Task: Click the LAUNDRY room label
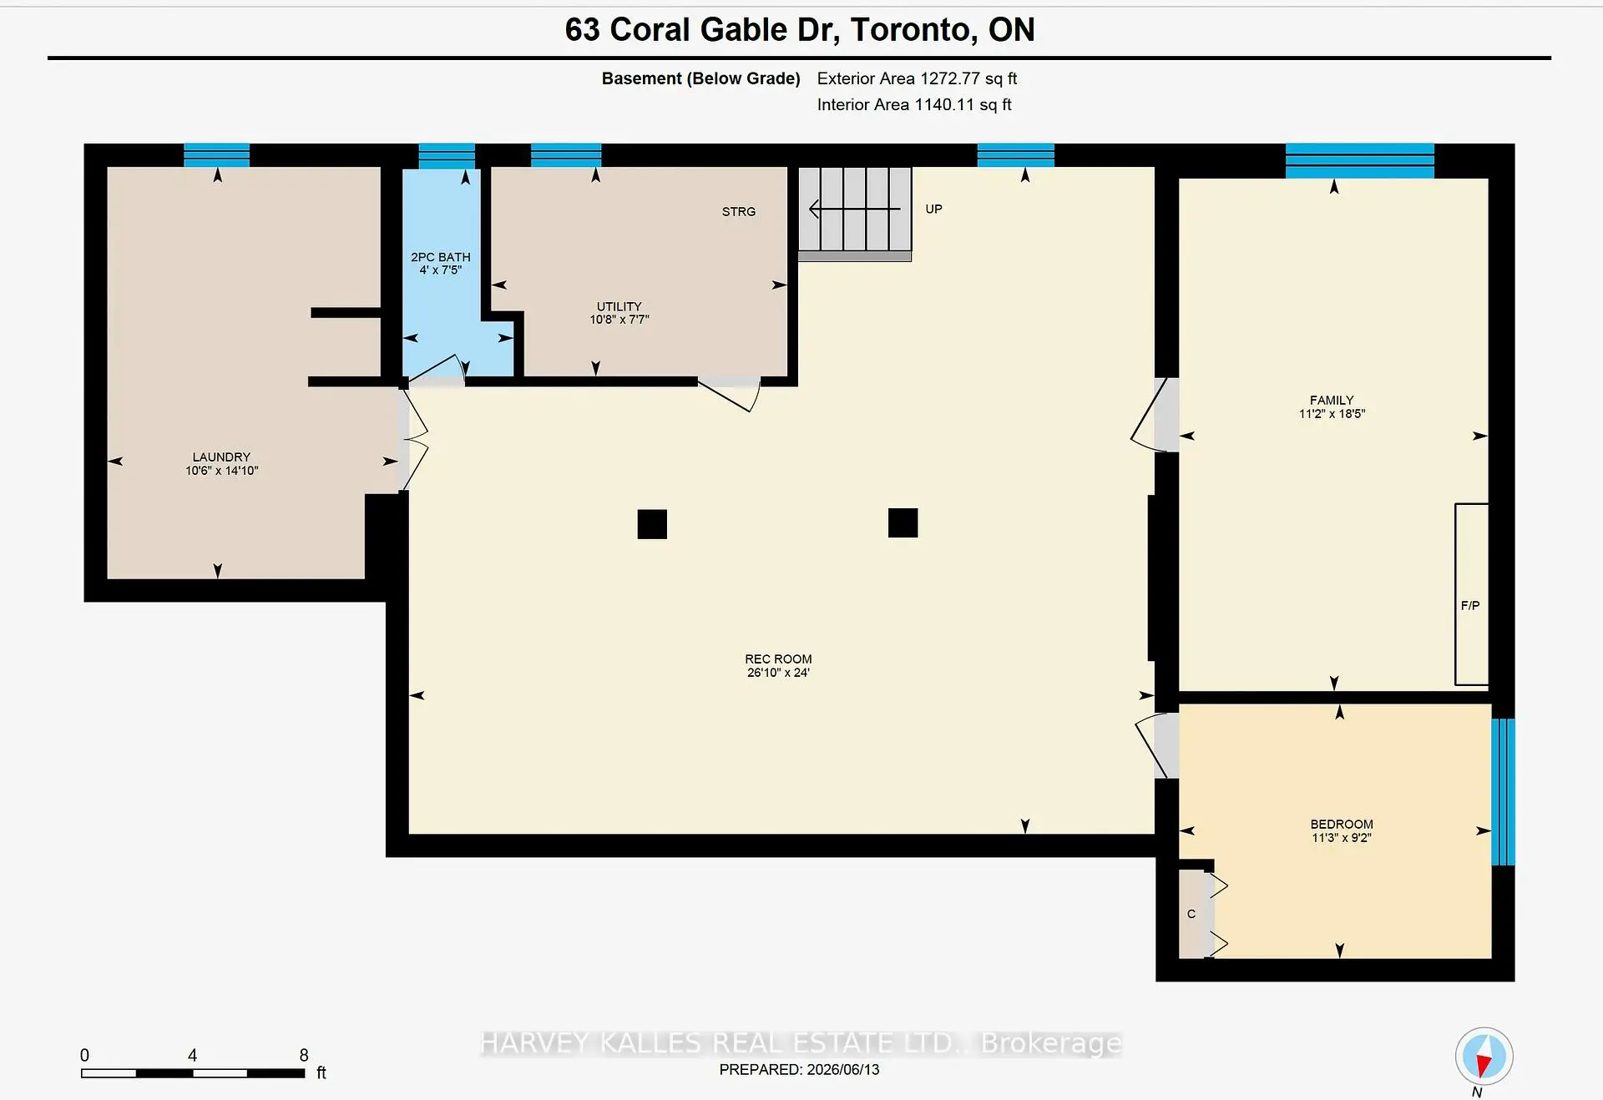pos(221,457)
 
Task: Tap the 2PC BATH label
pos(441,257)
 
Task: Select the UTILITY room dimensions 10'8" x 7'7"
pos(619,320)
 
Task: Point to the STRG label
pos(739,212)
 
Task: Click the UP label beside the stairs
pos(933,209)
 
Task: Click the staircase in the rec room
pos(855,214)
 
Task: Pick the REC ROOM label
pos(778,659)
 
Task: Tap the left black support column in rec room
pos(652,524)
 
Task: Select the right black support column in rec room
pos(903,522)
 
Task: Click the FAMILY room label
pos(1332,401)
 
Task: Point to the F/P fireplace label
pos(1470,606)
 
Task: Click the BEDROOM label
pos(1342,825)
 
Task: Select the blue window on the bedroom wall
pos(1503,791)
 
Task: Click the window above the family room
pos(1359,161)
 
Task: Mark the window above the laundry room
pos(216,155)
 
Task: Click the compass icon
pos(1484,1056)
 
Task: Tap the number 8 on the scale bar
pos(304,1055)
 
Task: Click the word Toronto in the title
pos(912,30)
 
